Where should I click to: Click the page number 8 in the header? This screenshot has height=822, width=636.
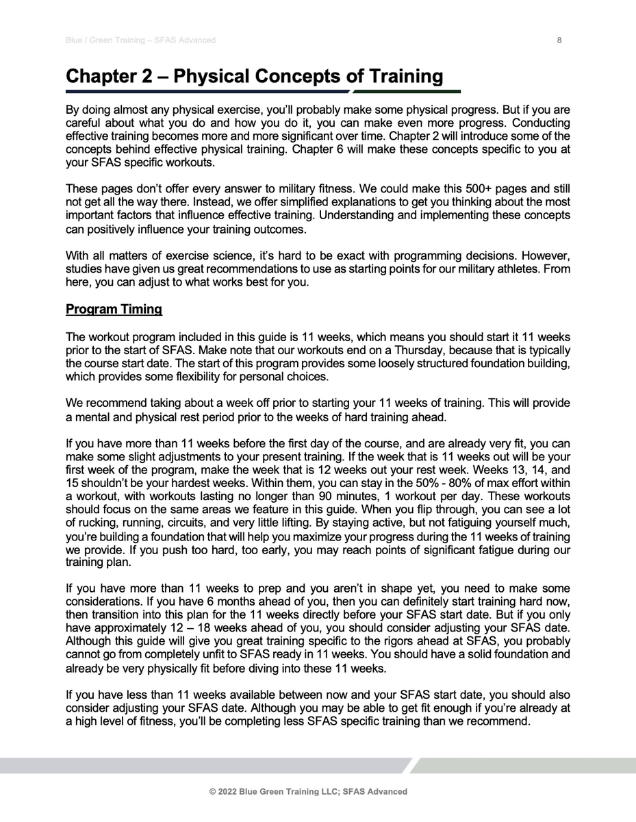click(559, 40)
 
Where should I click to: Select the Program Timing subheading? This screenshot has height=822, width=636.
click(114, 310)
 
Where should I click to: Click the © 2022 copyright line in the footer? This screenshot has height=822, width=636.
click(308, 791)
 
